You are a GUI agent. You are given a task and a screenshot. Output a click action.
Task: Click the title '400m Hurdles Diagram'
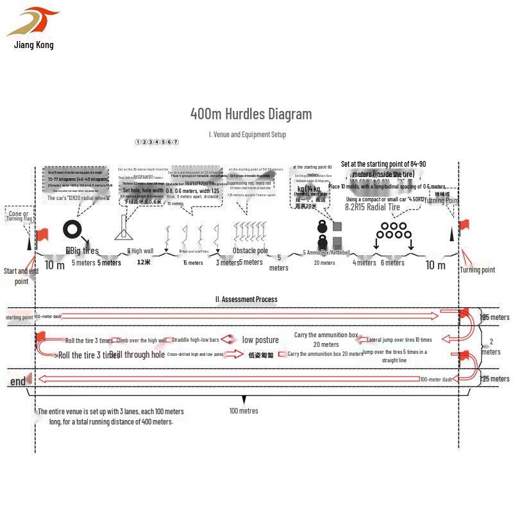tap(251, 114)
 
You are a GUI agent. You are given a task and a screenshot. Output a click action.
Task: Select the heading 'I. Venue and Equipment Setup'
tap(248, 135)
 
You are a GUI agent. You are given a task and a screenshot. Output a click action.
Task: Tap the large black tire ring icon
tap(71, 230)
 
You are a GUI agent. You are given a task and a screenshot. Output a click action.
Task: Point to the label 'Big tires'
tap(83, 251)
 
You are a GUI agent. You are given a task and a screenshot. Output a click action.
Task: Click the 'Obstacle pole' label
tap(250, 251)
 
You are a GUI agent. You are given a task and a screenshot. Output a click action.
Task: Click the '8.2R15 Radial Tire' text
tap(372, 207)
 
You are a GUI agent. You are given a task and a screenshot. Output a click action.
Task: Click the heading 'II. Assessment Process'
tap(247, 299)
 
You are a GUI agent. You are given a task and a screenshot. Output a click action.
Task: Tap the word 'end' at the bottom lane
tap(18, 382)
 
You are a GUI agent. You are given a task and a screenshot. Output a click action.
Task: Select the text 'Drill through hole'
tap(137, 355)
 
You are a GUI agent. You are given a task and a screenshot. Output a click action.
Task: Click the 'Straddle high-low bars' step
tap(196, 339)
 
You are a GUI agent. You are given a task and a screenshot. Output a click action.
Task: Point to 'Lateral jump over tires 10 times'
tap(399, 340)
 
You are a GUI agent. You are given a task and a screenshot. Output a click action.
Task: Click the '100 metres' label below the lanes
tap(244, 410)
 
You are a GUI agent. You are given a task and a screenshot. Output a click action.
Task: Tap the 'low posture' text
tap(260, 340)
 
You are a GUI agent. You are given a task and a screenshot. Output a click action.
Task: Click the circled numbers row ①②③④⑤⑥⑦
tap(157, 142)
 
